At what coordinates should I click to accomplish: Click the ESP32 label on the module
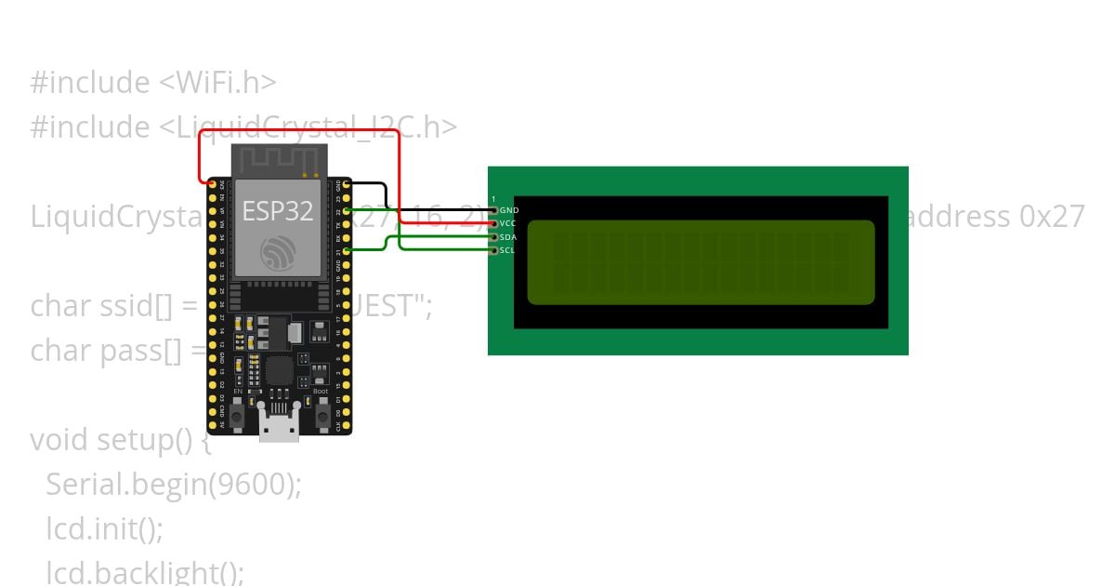coord(278,211)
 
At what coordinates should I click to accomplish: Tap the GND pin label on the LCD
coord(508,211)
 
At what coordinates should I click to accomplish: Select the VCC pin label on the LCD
coord(507,224)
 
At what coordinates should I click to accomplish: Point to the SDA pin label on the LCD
coord(507,237)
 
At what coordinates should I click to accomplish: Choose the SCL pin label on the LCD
coord(507,250)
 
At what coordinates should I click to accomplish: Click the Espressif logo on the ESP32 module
coord(278,253)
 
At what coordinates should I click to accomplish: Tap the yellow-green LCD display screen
coord(701,262)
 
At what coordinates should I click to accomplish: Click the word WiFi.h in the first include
coord(217,82)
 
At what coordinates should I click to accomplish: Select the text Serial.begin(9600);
coord(174,485)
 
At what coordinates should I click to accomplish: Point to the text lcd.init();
coord(104,529)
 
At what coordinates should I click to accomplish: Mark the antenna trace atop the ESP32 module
coord(278,158)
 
